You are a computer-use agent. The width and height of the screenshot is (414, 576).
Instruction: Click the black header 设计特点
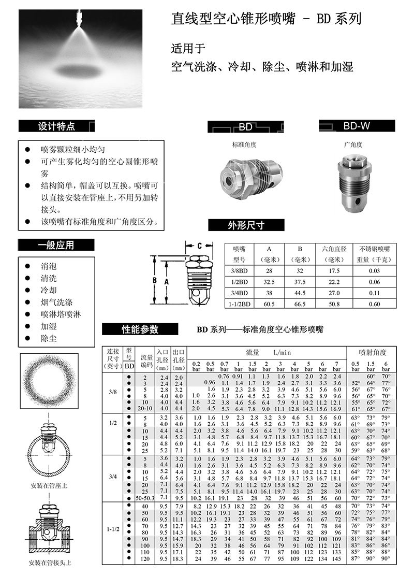tap(56, 126)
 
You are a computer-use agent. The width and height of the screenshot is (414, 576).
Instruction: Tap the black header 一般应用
tap(56, 245)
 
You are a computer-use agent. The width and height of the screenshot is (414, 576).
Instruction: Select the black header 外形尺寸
tap(246, 225)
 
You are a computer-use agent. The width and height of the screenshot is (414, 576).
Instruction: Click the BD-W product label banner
tap(357, 125)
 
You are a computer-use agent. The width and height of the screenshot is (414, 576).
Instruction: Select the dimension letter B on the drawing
tap(154, 280)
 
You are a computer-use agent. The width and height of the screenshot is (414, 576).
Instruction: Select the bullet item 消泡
tap(49, 266)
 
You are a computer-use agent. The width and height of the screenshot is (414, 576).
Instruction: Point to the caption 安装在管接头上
tap(51, 563)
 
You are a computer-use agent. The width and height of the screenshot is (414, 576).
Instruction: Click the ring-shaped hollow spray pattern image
tap(51, 382)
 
